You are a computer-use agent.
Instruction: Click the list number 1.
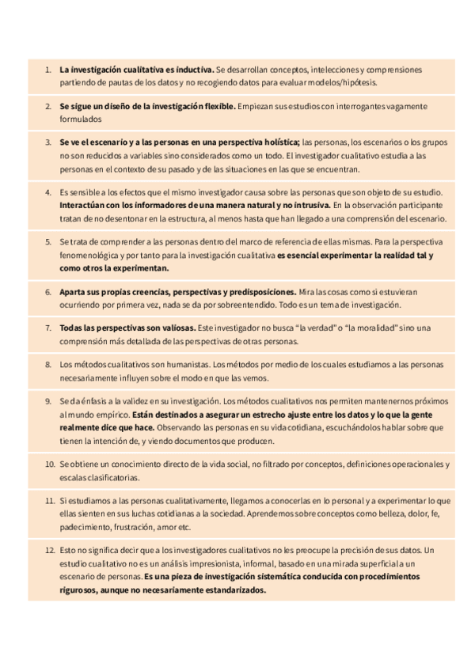tap(47, 70)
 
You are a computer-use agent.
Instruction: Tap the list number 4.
tap(47, 192)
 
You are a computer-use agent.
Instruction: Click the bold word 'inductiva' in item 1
tap(192, 70)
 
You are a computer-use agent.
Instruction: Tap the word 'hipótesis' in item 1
tap(359, 82)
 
